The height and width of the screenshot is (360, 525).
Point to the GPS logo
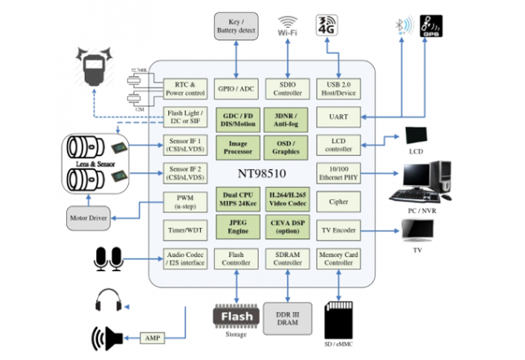pos(431,27)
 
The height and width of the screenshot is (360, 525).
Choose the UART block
pos(338,118)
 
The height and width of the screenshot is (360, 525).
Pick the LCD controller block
pos(338,144)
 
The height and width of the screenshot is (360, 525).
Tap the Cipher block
pos(338,201)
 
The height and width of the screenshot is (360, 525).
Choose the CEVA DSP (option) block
pos(287,229)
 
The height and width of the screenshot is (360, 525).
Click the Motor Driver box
pos(89,218)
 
